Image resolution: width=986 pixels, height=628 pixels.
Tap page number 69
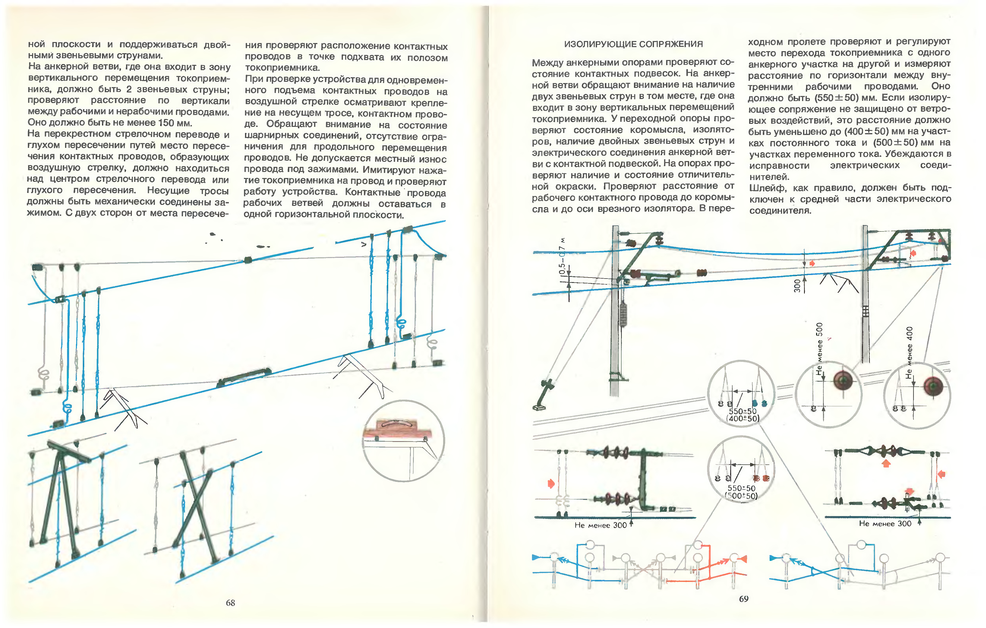tap(744, 599)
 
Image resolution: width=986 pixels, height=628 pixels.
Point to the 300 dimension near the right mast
tap(797, 286)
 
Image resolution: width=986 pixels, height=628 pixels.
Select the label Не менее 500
tap(819, 348)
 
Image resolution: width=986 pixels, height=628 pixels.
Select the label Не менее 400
tap(909, 351)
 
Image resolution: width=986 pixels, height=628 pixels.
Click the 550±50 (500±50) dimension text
tap(741, 492)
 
